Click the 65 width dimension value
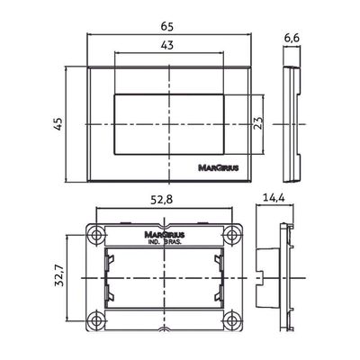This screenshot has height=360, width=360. click(167, 27)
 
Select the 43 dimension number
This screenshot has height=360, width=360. click(167, 45)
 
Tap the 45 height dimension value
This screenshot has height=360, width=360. click(58, 123)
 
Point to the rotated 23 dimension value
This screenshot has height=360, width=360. click(258, 122)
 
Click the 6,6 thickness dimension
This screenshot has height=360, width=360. click(292, 38)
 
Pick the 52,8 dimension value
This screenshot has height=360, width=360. click(162, 200)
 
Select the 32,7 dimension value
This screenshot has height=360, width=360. click(59, 275)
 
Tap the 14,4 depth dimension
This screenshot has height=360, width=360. click(274, 198)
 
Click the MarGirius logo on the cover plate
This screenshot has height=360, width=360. click(219, 167)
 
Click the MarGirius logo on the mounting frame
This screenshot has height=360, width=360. click(165, 234)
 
